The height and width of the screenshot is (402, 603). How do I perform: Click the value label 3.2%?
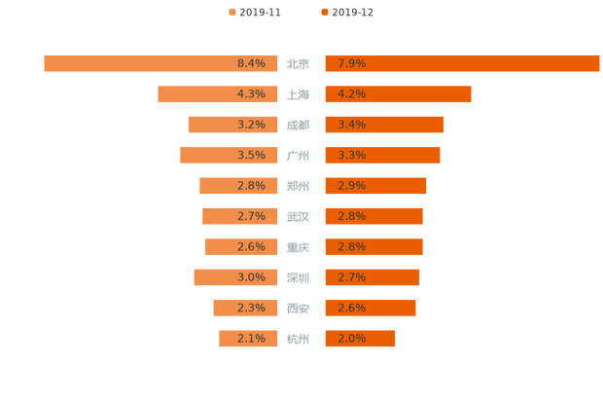pyautogui.click(x=251, y=125)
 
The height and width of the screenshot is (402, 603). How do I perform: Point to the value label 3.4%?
pyautogui.click(x=352, y=125)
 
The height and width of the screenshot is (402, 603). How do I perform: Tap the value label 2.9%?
pyautogui.click(x=352, y=186)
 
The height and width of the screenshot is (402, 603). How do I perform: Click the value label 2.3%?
pyautogui.click(x=251, y=309)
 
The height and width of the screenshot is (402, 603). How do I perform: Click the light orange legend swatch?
pyautogui.click(x=231, y=13)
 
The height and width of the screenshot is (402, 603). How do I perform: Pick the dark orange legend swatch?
pyautogui.click(x=323, y=13)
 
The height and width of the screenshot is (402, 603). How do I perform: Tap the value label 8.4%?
pyautogui.click(x=251, y=63)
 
